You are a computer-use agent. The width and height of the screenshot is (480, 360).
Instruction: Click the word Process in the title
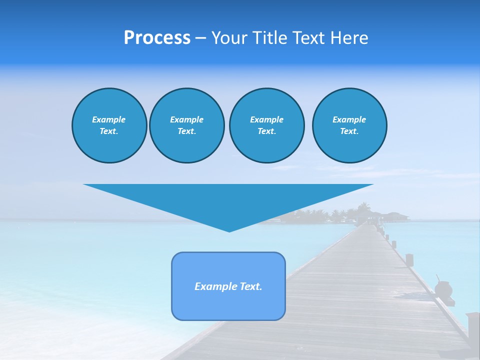[x=157, y=38]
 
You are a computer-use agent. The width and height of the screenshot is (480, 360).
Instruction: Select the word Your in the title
[x=230, y=38]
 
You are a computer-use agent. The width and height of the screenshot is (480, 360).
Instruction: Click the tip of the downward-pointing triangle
[x=229, y=230]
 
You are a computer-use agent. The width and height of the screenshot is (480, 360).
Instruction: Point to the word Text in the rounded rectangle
[x=250, y=286]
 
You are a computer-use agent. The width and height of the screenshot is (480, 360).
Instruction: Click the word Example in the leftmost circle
[x=109, y=119]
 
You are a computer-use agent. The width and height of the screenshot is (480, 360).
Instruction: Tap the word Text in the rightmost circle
[x=348, y=131]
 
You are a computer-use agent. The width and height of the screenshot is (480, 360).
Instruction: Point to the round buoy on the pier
[x=443, y=288]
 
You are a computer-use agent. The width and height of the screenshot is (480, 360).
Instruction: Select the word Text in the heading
[x=308, y=38]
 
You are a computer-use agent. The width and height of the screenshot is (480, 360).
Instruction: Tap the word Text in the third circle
[x=266, y=131]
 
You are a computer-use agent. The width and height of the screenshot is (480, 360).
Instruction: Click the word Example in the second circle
[x=186, y=119]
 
